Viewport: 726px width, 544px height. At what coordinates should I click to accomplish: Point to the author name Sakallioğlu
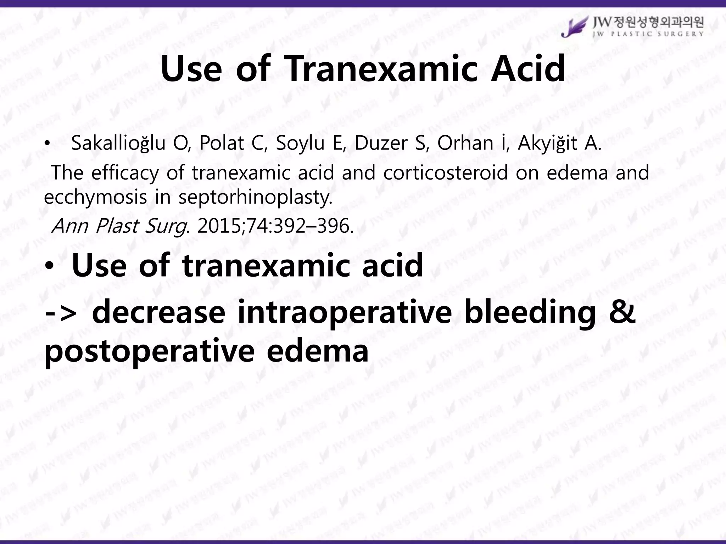[x=118, y=143]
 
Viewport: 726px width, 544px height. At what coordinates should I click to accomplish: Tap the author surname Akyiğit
[x=547, y=143]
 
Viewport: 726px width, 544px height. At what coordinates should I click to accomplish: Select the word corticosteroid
[x=445, y=173]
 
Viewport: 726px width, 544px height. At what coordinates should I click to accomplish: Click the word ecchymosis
[x=95, y=197]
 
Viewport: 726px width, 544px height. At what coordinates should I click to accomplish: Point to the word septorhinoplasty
[x=255, y=197]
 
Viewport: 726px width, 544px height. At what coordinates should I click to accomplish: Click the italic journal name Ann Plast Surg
[x=119, y=226]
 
